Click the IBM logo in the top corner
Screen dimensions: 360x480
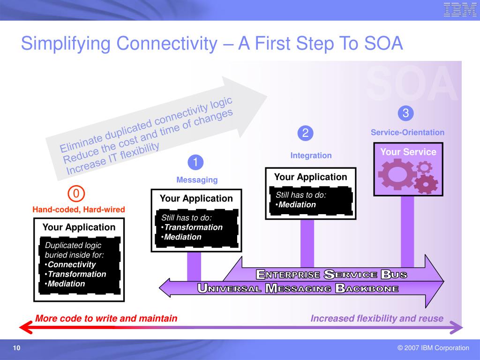460,10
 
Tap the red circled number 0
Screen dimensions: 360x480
76,194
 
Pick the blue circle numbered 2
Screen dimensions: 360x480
305,133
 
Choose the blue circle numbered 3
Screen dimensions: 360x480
405,113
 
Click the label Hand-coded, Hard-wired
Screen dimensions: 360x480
79,210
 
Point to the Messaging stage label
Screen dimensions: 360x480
197,180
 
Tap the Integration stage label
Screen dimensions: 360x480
311,155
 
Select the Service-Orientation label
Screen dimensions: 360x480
407,132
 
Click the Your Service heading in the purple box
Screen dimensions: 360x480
408,152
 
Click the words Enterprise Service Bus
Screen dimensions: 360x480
331,274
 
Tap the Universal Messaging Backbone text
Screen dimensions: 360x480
298,288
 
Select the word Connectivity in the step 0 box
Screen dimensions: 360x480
72,264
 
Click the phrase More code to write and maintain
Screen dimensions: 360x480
106,319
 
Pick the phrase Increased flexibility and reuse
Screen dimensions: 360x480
377,319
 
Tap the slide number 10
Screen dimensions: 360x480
17,348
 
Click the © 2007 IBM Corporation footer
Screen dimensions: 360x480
433,348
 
